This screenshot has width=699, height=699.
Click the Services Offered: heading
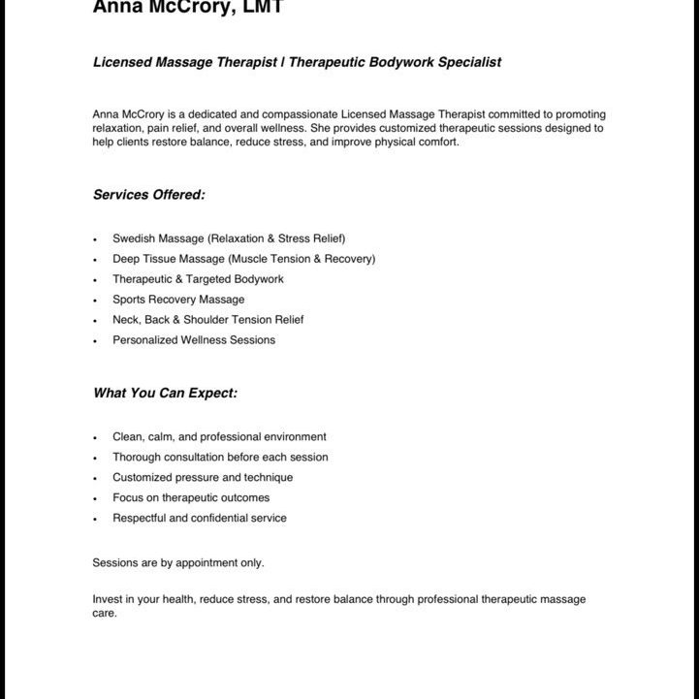148,195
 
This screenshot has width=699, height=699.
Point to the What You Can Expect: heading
165,394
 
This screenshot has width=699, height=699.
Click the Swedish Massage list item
229,238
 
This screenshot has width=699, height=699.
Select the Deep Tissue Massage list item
243,259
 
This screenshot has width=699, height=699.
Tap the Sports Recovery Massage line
178,300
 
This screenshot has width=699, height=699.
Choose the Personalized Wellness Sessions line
194,340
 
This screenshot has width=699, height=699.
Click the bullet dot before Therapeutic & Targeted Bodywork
96,280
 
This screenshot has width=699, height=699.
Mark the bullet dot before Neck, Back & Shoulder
96,321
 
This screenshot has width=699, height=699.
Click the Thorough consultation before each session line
220,458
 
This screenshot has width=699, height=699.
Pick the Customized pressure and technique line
203,478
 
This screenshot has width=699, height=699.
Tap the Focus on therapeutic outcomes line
191,498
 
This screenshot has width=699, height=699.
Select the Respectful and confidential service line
200,519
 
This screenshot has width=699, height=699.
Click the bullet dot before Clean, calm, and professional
96,438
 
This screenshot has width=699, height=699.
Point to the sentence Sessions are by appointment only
178,563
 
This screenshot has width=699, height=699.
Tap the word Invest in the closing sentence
108,600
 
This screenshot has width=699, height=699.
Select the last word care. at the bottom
105,614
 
